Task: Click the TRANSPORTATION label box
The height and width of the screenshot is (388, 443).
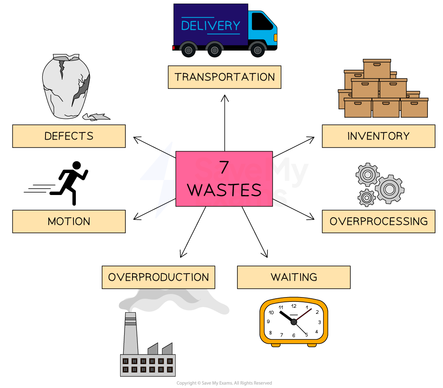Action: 224,77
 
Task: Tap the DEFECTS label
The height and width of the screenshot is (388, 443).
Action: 69,136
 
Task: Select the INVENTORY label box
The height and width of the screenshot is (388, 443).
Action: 378,136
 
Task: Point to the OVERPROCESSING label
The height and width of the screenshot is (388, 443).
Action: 378,221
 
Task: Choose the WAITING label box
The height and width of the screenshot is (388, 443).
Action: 294,277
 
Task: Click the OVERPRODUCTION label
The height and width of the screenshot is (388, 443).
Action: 158,277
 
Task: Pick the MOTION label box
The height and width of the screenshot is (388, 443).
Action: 69,221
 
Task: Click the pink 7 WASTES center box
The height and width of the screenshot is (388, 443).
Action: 224,179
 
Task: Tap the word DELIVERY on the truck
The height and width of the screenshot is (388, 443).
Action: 211,26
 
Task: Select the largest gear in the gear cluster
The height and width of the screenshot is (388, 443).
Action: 389,189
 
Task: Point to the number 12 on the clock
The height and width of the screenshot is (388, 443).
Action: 294,306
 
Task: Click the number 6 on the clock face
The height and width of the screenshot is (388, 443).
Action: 294,335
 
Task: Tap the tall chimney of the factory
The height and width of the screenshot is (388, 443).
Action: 130,333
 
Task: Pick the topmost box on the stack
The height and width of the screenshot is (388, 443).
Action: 377,69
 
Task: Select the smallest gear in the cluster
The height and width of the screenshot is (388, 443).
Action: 366,197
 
